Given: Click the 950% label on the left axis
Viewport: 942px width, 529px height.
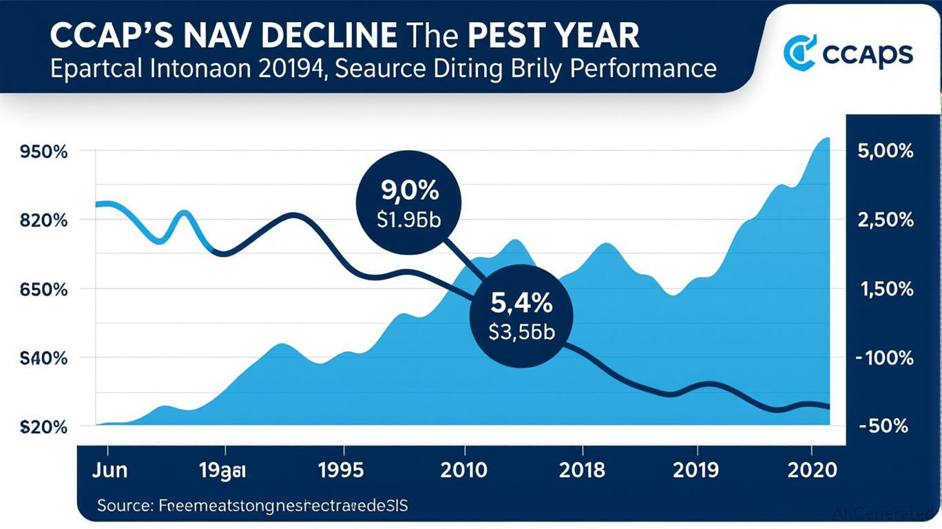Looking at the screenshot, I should pos(44,152).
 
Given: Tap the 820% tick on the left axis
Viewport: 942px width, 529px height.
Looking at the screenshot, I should pos(44,220).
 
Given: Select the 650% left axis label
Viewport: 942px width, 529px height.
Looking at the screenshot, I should pos(44,289).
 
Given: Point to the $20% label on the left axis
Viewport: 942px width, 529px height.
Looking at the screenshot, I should pos(44,427).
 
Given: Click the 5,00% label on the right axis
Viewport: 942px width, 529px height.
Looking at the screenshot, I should pos(886,152).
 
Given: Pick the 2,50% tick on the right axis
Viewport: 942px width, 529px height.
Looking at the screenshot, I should pos(886,220).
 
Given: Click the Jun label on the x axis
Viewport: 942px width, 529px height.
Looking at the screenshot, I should pos(109,470).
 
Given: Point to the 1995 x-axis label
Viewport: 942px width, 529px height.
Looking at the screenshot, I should pos(341,470).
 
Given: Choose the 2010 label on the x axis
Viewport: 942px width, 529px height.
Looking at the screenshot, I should pos(464,470).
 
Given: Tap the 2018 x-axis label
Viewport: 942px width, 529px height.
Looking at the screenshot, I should pos(582,470).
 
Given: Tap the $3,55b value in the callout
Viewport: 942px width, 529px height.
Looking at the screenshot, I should pos(521,332).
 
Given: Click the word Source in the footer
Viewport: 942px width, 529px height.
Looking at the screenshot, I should pos(124,506).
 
